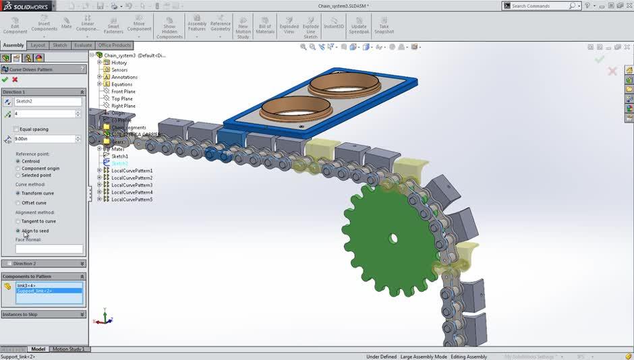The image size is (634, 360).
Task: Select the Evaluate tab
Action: click(x=83, y=45)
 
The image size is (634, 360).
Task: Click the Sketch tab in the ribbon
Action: click(x=60, y=45)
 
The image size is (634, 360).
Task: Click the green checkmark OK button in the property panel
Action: click(x=5, y=80)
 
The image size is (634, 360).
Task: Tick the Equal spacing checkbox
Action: click(x=17, y=129)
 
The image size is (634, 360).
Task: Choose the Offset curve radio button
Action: click(x=18, y=202)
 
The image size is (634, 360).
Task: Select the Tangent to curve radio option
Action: click(x=18, y=221)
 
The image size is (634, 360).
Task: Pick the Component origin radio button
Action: click(x=18, y=168)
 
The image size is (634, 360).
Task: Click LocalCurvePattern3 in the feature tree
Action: click(x=132, y=185)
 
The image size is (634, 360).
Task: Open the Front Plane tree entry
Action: click(x=123, y=92)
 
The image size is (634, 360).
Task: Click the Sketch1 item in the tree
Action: click(x=119, y=156)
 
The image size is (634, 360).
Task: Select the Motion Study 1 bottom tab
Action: click(x=68, y=349)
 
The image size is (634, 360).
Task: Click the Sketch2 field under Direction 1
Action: click(x=48, y=101)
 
